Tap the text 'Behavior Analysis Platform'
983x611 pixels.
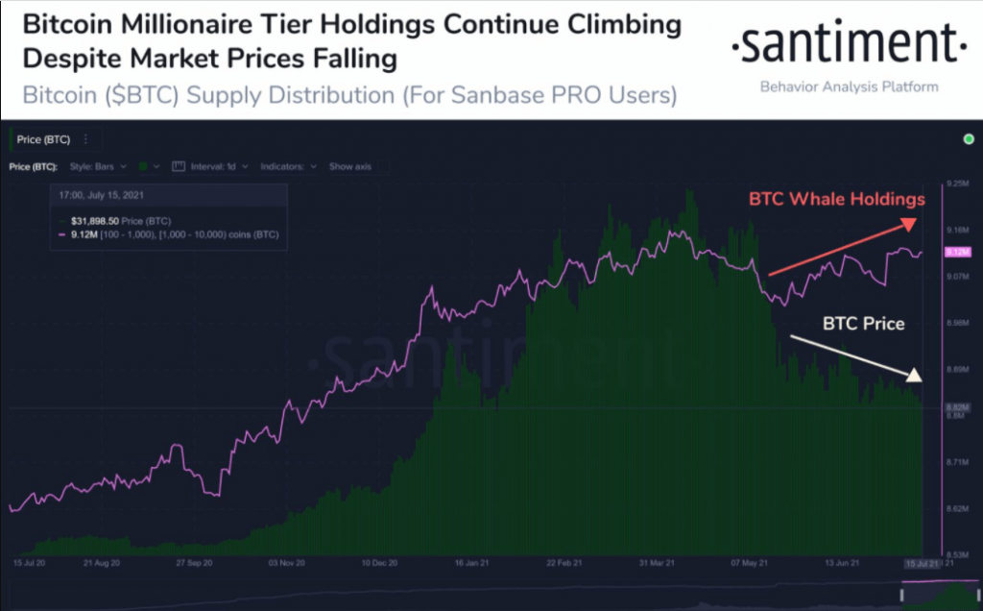tap(849, 87)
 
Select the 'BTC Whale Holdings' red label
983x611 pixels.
tap(837, 200)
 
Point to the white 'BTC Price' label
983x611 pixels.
tap(863, 324)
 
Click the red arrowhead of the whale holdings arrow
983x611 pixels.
tap(907, 224)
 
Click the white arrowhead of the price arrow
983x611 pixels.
tap(914, 375)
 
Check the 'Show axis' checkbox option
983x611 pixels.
tap(349, 166)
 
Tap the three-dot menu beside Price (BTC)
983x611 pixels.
tap(85, 139)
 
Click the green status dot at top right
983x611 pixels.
tap(968, 139)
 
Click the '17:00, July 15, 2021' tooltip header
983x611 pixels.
tap(100, 195)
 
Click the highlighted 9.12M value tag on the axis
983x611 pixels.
tap(957, 253)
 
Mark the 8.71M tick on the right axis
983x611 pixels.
tap(956, 462)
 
